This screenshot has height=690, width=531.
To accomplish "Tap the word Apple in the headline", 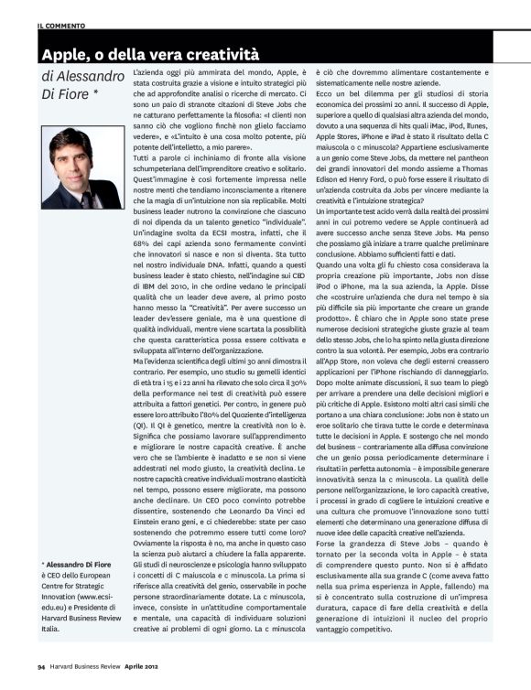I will coord(65,45).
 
